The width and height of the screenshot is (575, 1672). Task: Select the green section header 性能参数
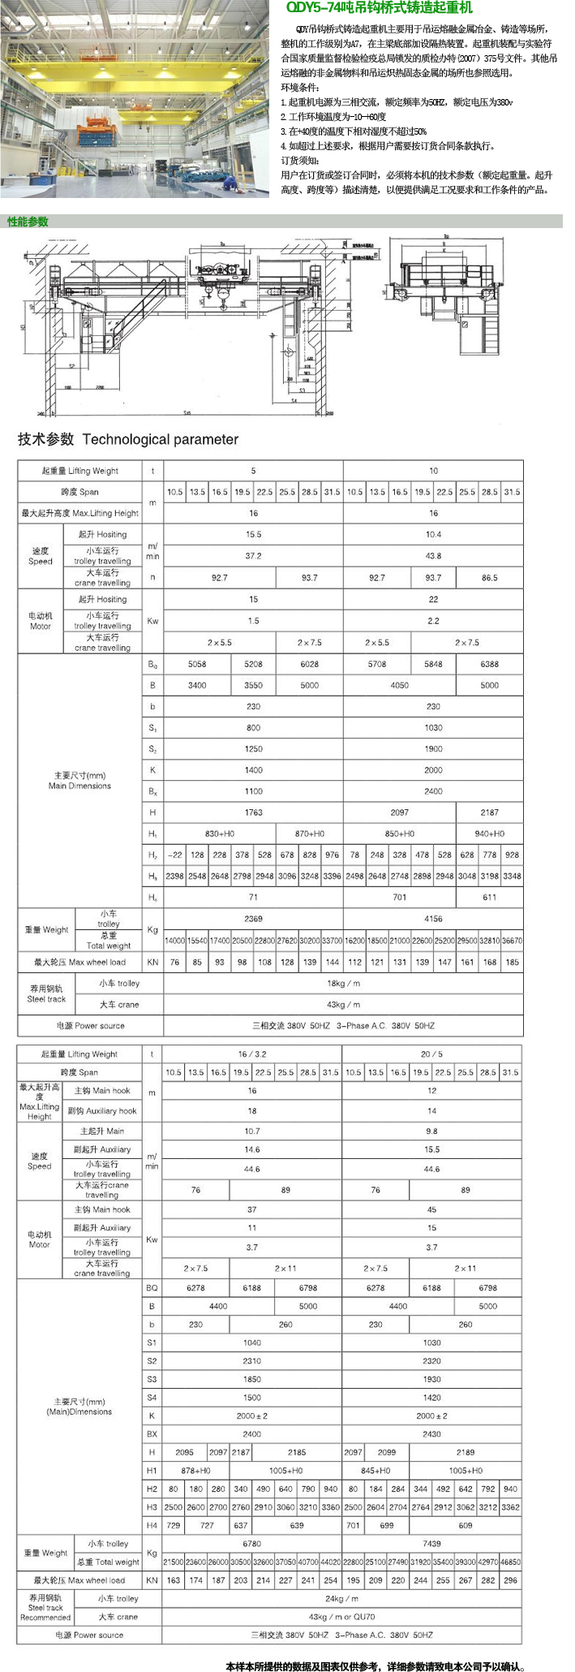point(28,222)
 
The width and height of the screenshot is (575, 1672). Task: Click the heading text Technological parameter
point(160,439)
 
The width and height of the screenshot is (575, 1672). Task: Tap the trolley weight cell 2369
point(253,919)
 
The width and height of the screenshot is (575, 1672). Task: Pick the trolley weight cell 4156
point(433,919)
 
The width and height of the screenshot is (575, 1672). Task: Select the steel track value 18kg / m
point(343,983)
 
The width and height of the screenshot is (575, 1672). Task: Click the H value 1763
point(253,812)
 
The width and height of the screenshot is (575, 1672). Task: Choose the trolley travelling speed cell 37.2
point(253,556)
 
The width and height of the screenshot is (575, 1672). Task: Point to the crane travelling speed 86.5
point(489,578)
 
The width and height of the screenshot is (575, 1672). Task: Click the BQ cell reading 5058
point(197,664)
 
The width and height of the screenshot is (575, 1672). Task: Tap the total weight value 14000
point(174,941)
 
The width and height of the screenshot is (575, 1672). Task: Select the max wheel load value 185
point(512,962)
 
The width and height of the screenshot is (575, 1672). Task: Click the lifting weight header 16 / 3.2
point(252,1054)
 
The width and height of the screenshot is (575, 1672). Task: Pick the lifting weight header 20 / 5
point(431,1054)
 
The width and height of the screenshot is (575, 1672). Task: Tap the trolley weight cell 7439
point(431,1543)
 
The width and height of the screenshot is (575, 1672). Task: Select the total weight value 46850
point(510,1561)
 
